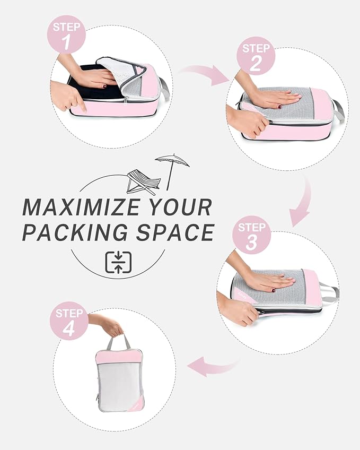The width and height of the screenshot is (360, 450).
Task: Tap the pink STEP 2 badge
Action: [x=256, y=56]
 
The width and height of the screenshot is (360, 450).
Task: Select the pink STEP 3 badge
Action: [x=251, y=236]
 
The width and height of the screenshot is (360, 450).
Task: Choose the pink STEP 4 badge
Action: [x=69, y=321]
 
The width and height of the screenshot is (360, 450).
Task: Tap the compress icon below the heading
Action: [x=118, y=262]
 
